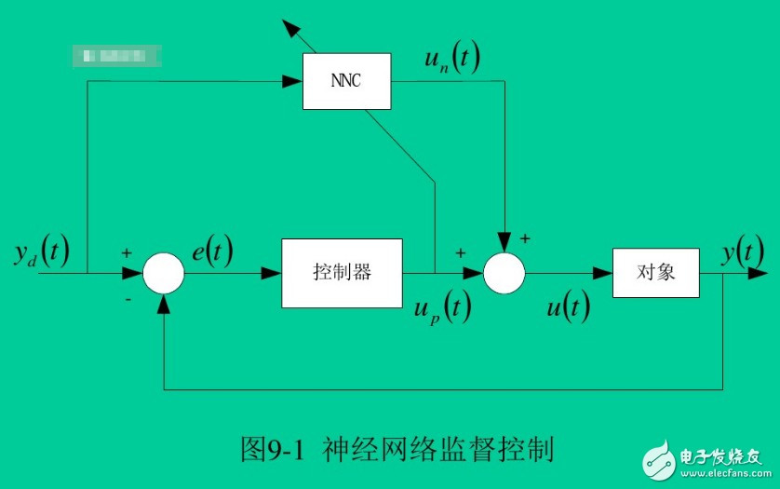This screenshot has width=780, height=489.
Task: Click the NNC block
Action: point(346,81)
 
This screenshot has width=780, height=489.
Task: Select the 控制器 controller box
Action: point(342,273)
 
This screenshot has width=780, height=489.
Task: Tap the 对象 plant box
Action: point(655,273)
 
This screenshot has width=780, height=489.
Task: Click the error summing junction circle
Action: point(164,273)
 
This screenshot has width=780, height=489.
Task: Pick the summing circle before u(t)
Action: point(504,273)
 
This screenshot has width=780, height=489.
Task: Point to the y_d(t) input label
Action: point(41,252)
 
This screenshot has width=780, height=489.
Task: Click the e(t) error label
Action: point(212,251)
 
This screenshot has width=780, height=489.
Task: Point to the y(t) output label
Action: point(744,251)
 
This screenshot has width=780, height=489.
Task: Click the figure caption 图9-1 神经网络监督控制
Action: point(397,450)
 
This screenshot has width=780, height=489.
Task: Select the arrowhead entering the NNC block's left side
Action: point(295,81)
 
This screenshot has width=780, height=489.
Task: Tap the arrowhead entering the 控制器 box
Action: point(273,273)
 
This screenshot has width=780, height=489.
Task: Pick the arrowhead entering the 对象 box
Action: point(603,273)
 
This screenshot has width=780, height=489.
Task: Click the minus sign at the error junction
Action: point(128,300)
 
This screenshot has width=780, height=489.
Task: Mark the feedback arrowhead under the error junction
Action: point(164,303)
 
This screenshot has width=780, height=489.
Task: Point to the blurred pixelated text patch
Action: point(117,55)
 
